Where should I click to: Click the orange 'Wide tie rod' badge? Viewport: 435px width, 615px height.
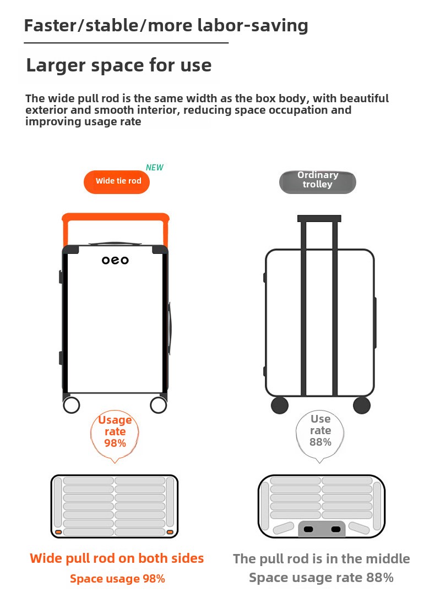coord(117,182)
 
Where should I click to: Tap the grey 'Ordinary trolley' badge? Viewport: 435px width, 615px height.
coord(318,182)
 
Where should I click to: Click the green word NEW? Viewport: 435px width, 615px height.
coord(154,168)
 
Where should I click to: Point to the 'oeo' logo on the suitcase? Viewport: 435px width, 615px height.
coord(115,260)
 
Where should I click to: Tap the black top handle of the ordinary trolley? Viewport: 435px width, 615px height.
coord(319,219)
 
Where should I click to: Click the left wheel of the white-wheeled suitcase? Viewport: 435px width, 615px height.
coord(72,405)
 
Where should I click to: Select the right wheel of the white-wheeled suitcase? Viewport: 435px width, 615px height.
coord(159,405)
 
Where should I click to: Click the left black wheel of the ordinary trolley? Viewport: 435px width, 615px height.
coord(280,405)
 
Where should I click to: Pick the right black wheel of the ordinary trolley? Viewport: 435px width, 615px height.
coord(362,405)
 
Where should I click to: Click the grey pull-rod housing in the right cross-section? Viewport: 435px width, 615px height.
coord(322,529)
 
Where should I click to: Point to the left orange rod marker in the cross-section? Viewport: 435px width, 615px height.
coord(58,532)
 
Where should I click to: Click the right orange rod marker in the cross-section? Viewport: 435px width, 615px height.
coord(170,532)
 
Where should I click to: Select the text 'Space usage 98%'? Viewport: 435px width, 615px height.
coord(117,579)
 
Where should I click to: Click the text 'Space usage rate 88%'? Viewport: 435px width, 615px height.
coord(321,578)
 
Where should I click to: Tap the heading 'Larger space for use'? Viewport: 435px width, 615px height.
coord(119,65)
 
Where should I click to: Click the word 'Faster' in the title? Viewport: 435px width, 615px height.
coord(50,25)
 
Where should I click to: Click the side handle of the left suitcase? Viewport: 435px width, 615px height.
coord(170,329)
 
